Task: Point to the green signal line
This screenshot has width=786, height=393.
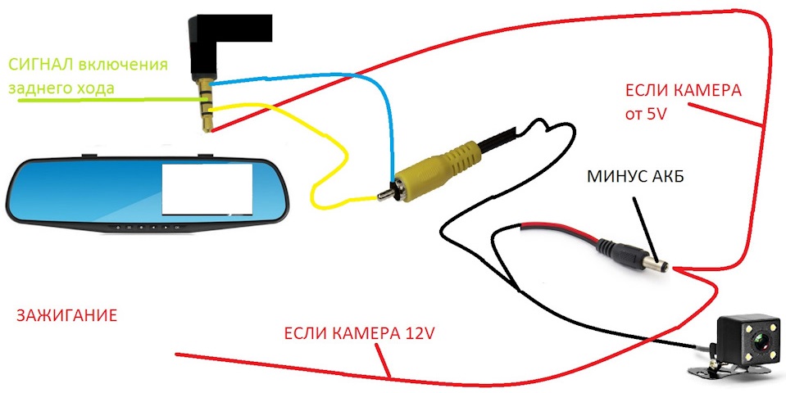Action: (98, 100)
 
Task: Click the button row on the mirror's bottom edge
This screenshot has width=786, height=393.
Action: (143, 227)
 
